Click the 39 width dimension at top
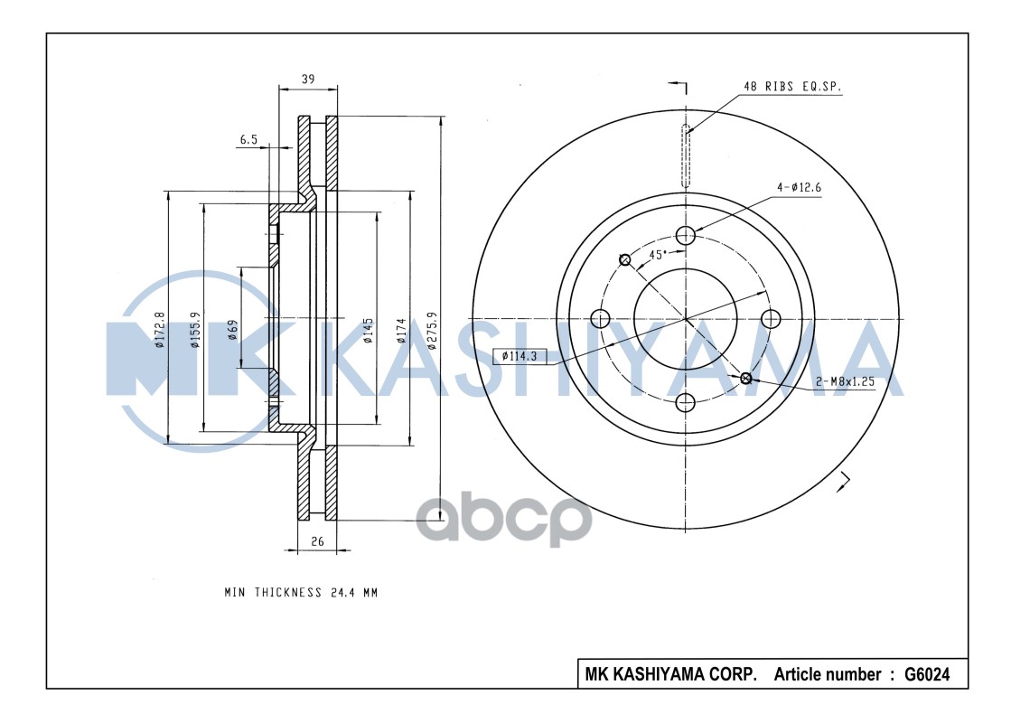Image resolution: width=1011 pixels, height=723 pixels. coord(307,80)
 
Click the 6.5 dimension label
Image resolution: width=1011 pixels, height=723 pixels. coord(248,139)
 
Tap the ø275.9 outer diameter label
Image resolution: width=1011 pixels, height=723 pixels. coord(432,330)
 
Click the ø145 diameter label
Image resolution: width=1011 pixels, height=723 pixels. coord(369,330)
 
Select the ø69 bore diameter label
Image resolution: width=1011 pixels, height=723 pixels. coord(233,330)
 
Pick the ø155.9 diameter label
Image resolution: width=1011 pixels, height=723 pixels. coord(194,330)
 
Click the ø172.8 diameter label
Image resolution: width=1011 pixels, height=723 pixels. coord(160,330)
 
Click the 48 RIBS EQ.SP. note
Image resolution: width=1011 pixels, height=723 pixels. coord(792,87)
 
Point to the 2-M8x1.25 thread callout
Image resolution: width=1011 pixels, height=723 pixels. coord(845,381)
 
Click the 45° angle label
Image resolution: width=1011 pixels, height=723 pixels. coord(658,254)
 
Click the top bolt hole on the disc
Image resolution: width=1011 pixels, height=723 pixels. coord(686,235)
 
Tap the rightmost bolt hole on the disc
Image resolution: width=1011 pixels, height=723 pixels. coord(771,318)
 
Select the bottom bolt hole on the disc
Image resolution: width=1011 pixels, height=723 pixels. coord(686,402)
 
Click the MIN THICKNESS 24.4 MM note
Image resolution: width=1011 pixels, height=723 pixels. coord(300,593)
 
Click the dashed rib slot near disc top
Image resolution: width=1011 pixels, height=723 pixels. coord(686,155)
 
